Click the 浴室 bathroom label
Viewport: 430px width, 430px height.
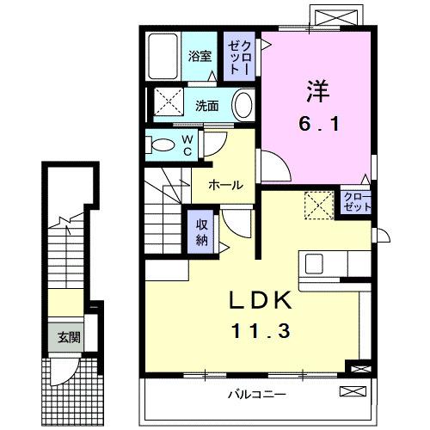click(200, 58)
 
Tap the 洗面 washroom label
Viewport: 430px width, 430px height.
click(206, 106)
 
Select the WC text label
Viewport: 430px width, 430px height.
click(187, 144)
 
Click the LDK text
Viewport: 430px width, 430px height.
click(259, 302)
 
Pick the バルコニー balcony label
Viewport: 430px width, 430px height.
click(257, 395)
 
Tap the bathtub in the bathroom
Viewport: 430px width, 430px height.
click(162, 57)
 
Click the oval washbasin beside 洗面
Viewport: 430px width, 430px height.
click(243, 107)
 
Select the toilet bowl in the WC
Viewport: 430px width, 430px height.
click(159, 144)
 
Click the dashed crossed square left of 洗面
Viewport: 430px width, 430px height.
click(170, 104)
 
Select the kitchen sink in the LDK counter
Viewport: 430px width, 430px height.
click(314, 263)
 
